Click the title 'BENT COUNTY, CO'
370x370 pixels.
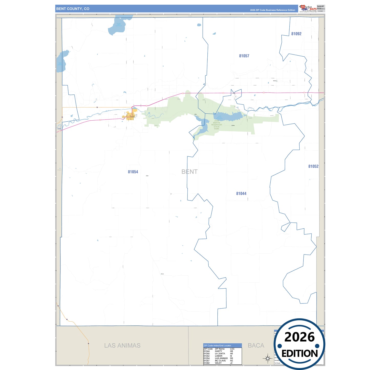coord(73,9)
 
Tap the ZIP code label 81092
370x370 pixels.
coord(296,34)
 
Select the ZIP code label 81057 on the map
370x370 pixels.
coord(244,56)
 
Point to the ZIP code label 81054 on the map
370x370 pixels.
coord(133,172)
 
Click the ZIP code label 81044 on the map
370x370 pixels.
coord(241,194)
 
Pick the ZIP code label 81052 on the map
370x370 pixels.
coord(313,166)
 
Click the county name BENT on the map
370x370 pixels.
coord(189,172)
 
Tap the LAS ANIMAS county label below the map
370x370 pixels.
coord(122,345)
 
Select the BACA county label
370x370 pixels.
coord(256,345)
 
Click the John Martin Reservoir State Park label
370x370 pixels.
coord(217,125)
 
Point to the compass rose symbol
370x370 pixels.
coord(268,358)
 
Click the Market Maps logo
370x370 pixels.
coord(308,8)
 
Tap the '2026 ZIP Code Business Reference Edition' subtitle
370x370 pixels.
coord(272,10)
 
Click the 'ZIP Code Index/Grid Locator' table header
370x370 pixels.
coord(217,345)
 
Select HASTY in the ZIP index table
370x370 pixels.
coord(218,351)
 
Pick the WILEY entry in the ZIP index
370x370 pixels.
coord(218,363)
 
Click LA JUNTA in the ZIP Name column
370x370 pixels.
coord(220,354)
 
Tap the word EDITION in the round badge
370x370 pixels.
coord(299,354)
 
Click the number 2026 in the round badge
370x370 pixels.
coord(299,337)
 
